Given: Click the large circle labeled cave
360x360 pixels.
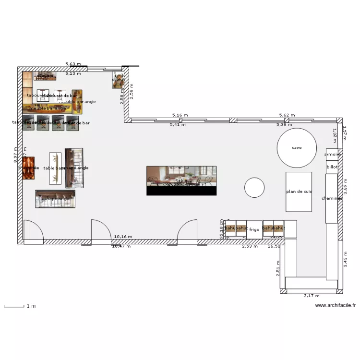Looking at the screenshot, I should pyautogui.click(x=297, y=148).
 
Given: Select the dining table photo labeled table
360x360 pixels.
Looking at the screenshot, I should pyautogui.click(x=181, y=180).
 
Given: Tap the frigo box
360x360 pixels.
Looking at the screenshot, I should pyautogui.click(x=254, y=229).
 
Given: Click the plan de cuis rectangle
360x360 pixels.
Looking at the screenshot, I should pyautogui.click(x=299, y=191).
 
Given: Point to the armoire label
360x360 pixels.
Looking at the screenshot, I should pyautogui.click(x=333, y=155).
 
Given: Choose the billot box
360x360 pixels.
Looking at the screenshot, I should pyautogui.click(x=332, y=167).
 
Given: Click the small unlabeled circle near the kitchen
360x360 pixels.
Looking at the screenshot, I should pyautogui.click(x=254, y=187).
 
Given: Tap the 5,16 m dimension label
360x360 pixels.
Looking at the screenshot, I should pyautogui.click(x=180, y=115).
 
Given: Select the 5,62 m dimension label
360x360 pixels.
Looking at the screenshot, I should pyautogui.click(x=287, y=115).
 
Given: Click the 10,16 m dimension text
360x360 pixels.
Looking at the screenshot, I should pyautogui.click(x=123, y=237).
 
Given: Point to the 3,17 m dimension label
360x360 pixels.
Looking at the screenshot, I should pyautogui.click(x=312, y=296).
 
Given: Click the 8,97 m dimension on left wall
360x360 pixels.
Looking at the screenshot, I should pyautogui.click(x=16, y=155).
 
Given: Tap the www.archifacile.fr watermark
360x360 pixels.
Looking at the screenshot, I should pyautogui.click(x=336, y=305).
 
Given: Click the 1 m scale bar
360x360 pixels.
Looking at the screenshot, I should pyautogui.click(x=14, y=306).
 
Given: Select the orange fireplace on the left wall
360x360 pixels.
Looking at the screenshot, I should pyautogui.click(x=28, y=168).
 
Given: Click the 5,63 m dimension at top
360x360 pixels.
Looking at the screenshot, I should pyautogui.click(x=73, y=64).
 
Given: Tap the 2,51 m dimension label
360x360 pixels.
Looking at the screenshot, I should pyautogui.click(x=277, y=268).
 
